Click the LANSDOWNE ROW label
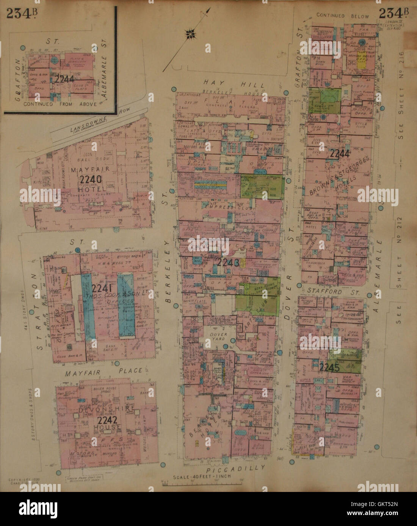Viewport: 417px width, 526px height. pyautogui.click(x=99, y=120)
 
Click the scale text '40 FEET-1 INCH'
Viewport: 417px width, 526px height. pyautogui.click(x=201, y=478)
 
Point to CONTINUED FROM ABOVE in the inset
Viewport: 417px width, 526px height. pyautogui.click(x=60, y=104)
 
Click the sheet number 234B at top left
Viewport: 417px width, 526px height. pyautogui.click(x=22, y=14)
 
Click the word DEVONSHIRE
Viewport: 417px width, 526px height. pyautogui.click(x=107, y=409)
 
